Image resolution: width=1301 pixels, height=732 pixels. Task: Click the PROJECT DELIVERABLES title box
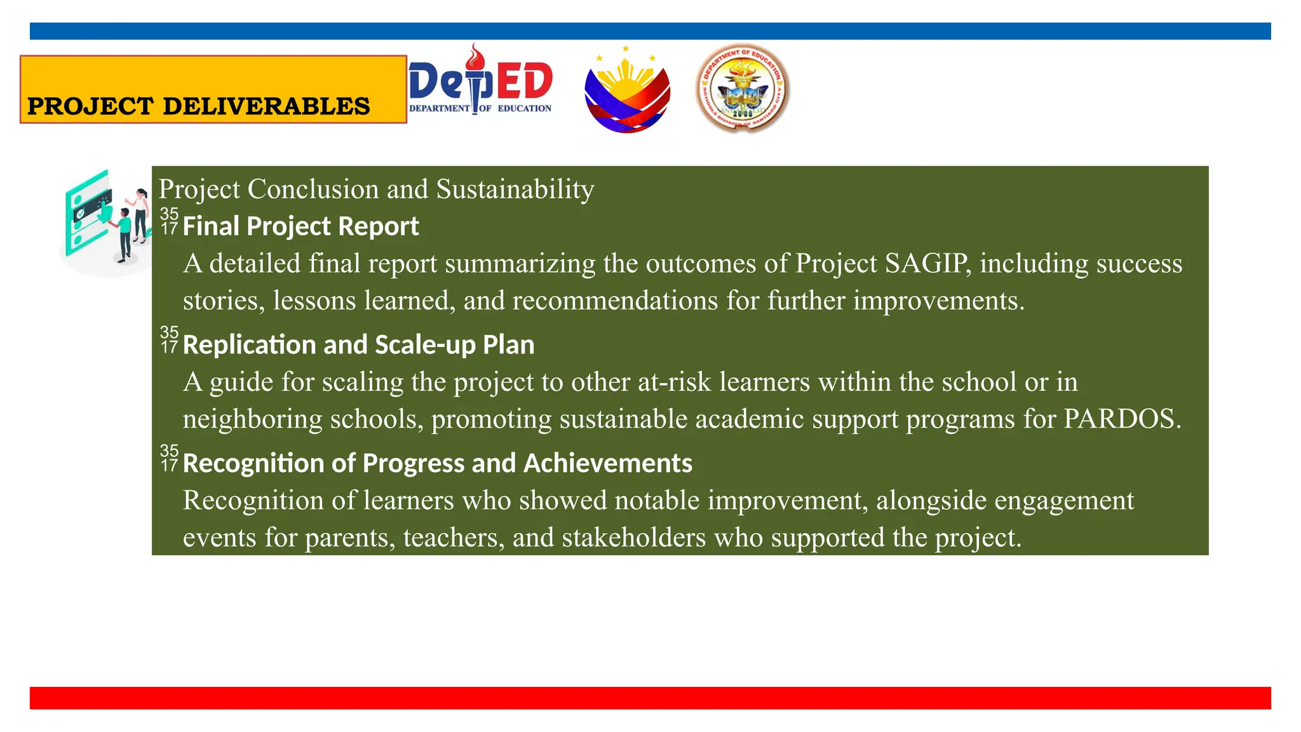(213, 90)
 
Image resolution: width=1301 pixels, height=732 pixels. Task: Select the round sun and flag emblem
(627, 90)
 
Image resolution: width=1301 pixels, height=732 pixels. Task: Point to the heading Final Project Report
(300, 226)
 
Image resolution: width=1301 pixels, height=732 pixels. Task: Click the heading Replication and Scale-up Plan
(358, 344)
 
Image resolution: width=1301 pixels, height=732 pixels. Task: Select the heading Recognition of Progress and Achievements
(437, 463)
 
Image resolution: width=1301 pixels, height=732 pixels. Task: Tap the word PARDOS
(1122, 419)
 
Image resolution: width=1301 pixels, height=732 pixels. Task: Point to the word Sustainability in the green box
(515, 189)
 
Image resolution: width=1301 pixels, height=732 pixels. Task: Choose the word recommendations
(615, 301)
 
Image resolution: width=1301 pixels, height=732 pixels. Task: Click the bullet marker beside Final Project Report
(169, 221)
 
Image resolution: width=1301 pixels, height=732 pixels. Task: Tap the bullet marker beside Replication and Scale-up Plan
(169, 339)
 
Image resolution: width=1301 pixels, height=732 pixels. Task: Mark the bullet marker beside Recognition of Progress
(169, 458)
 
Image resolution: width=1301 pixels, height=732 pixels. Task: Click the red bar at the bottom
(650, 698)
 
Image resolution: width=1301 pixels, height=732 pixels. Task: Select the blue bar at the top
(650, 31)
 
